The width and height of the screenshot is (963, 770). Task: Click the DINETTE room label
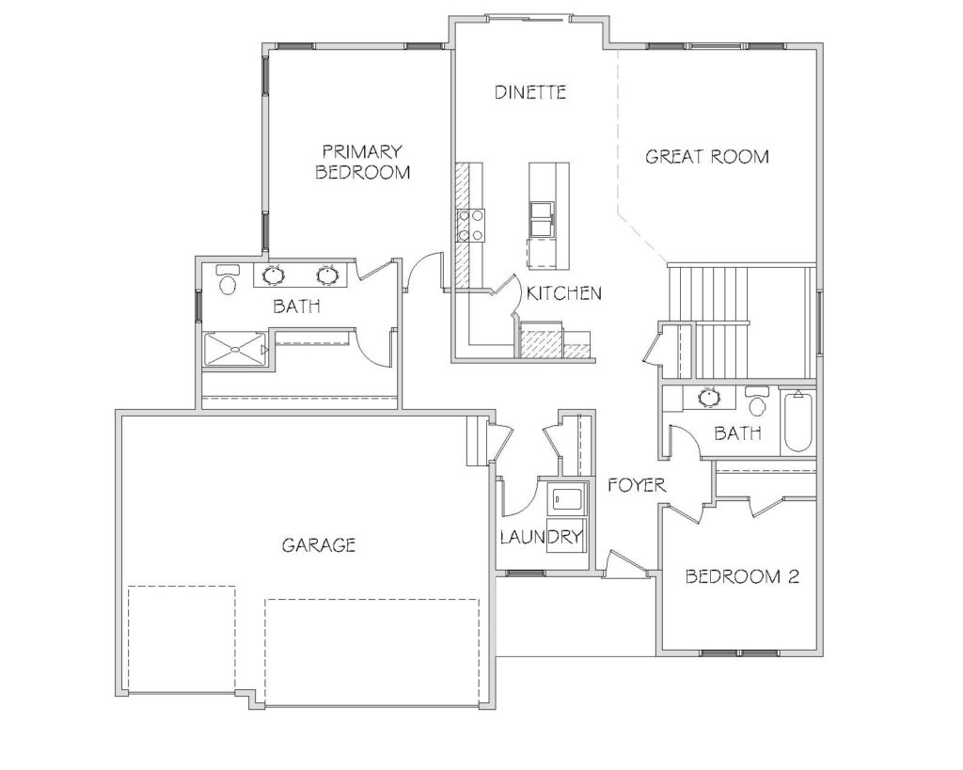tap(530, 92)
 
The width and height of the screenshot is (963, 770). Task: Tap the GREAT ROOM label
tap(707, 157)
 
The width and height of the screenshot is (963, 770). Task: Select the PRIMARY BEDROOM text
tap(362, 162)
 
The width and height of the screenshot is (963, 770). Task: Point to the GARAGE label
tap(319, 544)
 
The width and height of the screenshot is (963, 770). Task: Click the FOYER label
tap(637, 485)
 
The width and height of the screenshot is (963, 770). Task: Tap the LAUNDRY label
tap(541, 537)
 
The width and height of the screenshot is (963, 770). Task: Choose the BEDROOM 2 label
tap(742, 576)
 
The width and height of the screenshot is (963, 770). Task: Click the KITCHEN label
tap(564, 293)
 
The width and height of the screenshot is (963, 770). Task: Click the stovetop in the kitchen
tap(471, 225)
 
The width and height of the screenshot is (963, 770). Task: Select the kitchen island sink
tap(542, 219)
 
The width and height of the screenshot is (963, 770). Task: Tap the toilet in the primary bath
tap(228, 279)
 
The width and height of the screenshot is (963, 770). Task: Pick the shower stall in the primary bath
tap(235, 350)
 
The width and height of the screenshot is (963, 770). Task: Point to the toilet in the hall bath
tap(757, 401)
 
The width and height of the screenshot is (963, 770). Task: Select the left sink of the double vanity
tap(274, 275)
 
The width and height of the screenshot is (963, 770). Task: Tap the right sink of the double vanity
tap(327, 275)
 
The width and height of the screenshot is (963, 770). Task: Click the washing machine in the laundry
tap(567, 498)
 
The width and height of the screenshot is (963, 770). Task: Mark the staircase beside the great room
tap(741, 322)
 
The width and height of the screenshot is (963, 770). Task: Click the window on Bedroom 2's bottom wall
tap(742, 652)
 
